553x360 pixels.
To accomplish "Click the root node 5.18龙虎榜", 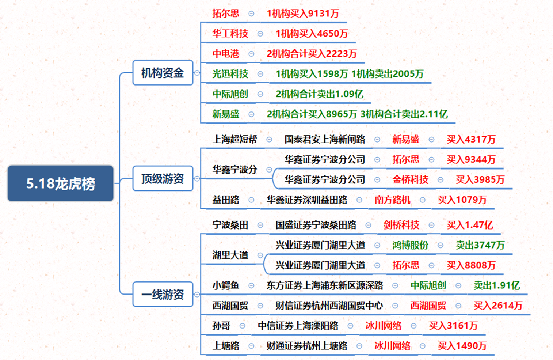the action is pyautogui.click(x=61, y=183).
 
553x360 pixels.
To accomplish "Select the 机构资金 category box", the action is pyautogui.click(x=163, y=73).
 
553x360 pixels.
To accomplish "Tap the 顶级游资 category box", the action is pyautogui.click(x=163, y=178).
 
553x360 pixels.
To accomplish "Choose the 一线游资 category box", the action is pyautogui.click(x=163, y=294).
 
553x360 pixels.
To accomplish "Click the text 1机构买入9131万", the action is pyautogui.click(x=303, y=14).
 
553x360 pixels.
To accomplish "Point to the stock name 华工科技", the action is pyautogui.click(x=230, y=34).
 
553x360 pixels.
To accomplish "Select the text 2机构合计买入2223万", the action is pyautogui.click(x=312, y=54).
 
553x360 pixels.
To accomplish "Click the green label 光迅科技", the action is pyautogui.click(x=230, y=74).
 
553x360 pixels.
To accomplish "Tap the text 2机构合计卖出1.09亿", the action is pyautogui.click(x=320, y=94).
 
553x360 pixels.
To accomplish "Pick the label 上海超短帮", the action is pyautogui.click(x=234, y=139).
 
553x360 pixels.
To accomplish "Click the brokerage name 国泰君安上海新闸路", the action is pyautogui.click(x=325, y=139).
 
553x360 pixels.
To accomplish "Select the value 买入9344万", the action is pyautogui.click(x=471, y=160).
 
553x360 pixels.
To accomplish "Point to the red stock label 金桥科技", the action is pyautogui.click(x=410, y=179).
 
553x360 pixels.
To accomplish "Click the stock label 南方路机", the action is pyautogui.click(x=392, y=200).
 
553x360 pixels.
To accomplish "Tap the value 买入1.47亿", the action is pyautogui.click(x=470, y=225).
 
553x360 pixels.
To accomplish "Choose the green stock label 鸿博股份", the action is pyautogui.click(x=410, y=245).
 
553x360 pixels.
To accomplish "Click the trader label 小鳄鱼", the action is pyautogui.click(x=226, y=286).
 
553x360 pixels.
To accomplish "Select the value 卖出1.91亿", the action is pyautogui.click(x=497, y=286).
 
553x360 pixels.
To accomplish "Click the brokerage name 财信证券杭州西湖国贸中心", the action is pyautogui.click(x=329, y=306).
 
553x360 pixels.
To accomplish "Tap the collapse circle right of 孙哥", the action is pyautogui.click(x=243, y=326).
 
